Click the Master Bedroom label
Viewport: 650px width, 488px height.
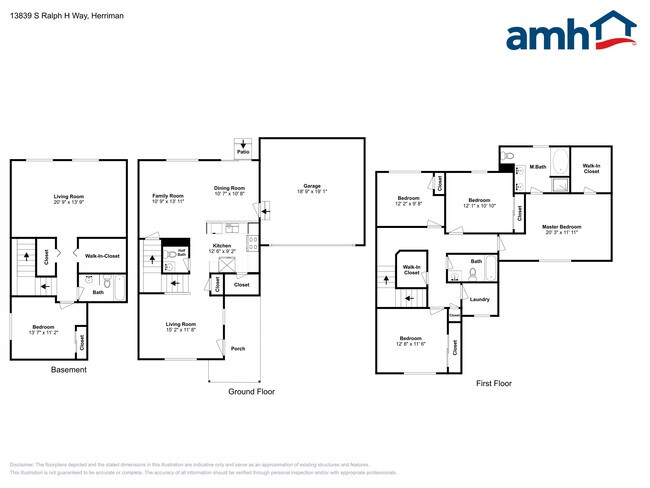click(561, 229)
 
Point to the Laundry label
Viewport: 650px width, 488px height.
click(479, 299)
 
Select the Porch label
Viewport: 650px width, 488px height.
click(238, 348)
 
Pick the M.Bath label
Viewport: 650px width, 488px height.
click(539, 166)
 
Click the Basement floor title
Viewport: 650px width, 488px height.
click(69, 370)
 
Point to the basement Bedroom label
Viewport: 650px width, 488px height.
click(43, 328)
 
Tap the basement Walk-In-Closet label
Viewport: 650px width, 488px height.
click(103, 256)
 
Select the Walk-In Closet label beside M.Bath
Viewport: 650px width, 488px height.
click(591, 168)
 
